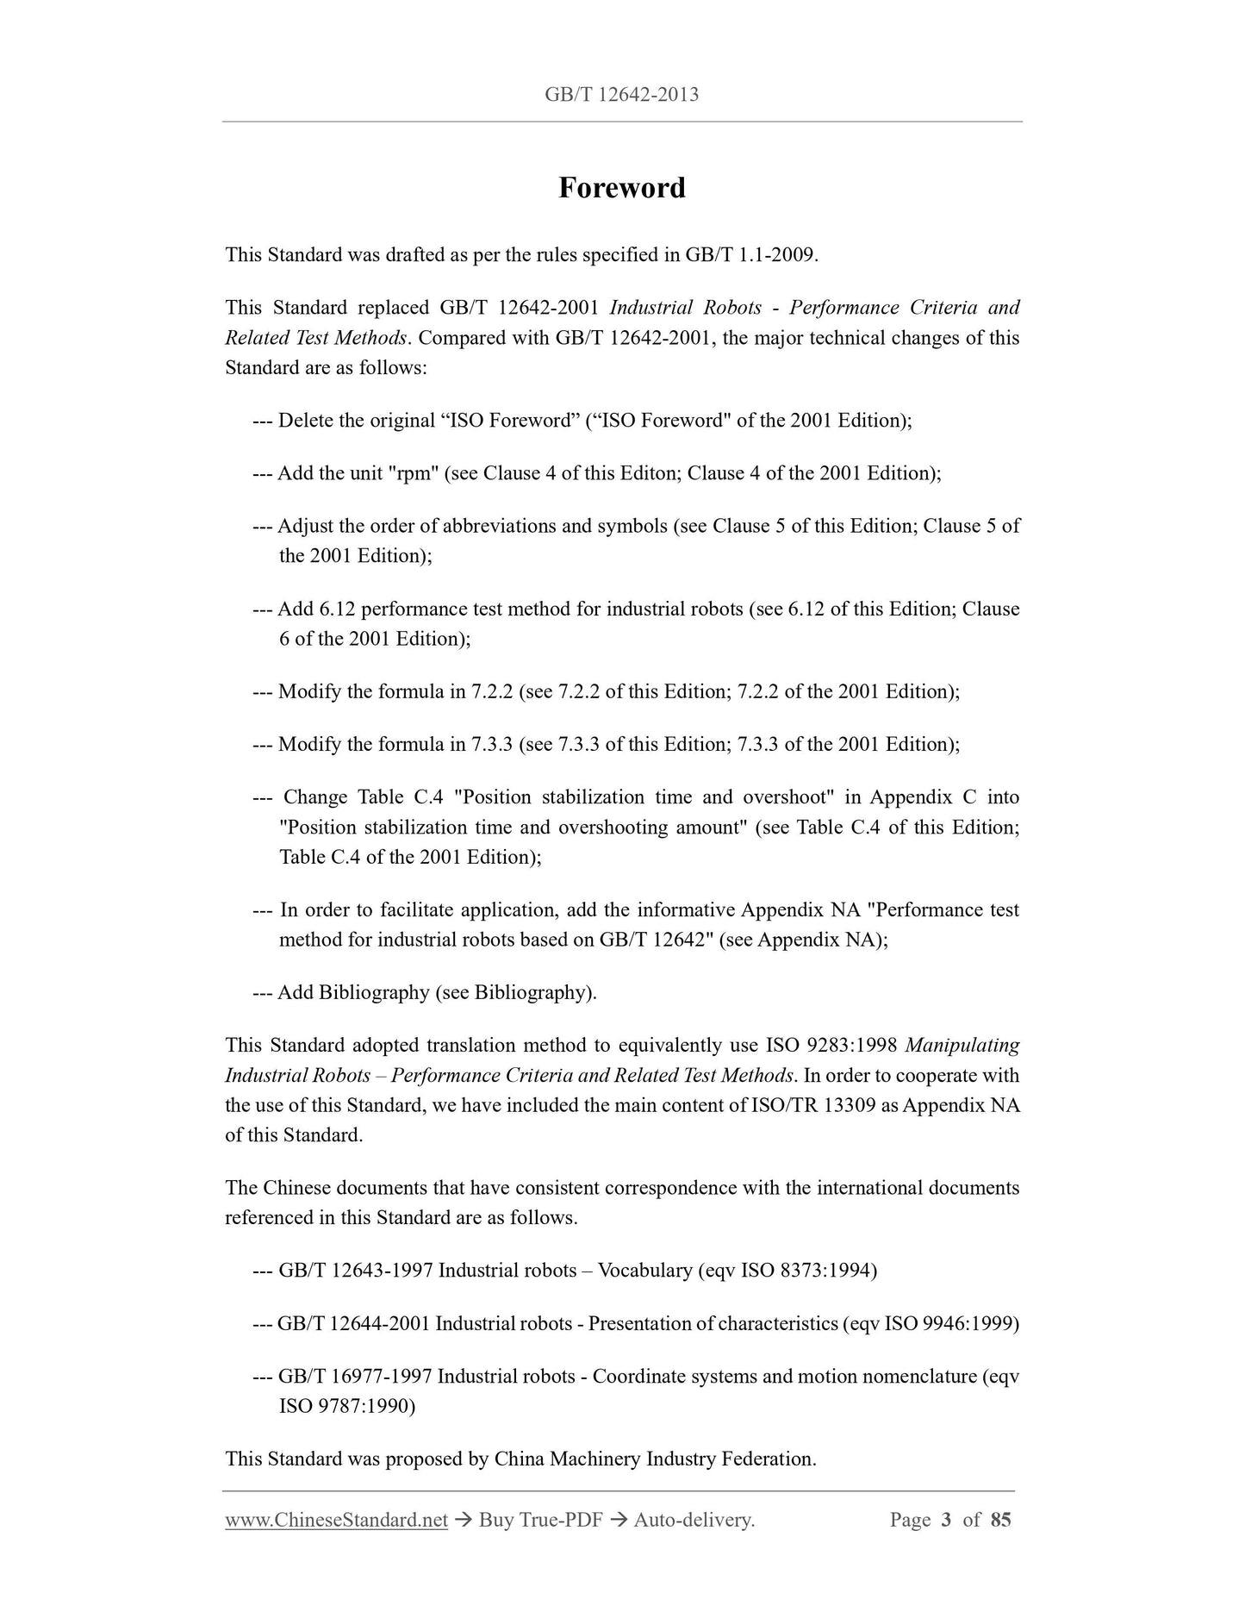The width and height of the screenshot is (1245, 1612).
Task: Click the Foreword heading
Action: pos(621,188)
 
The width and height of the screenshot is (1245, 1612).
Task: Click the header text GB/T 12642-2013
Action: pos(621,95)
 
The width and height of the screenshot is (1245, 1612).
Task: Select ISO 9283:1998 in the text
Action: pos(831,1046)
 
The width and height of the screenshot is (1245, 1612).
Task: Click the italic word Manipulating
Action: pos(962,1046)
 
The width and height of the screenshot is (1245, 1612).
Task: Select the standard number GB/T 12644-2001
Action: pos(354,1323)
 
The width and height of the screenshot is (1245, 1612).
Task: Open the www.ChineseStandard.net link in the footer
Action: pos(336,1520)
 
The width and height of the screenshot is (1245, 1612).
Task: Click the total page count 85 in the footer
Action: pos(1000,1520)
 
